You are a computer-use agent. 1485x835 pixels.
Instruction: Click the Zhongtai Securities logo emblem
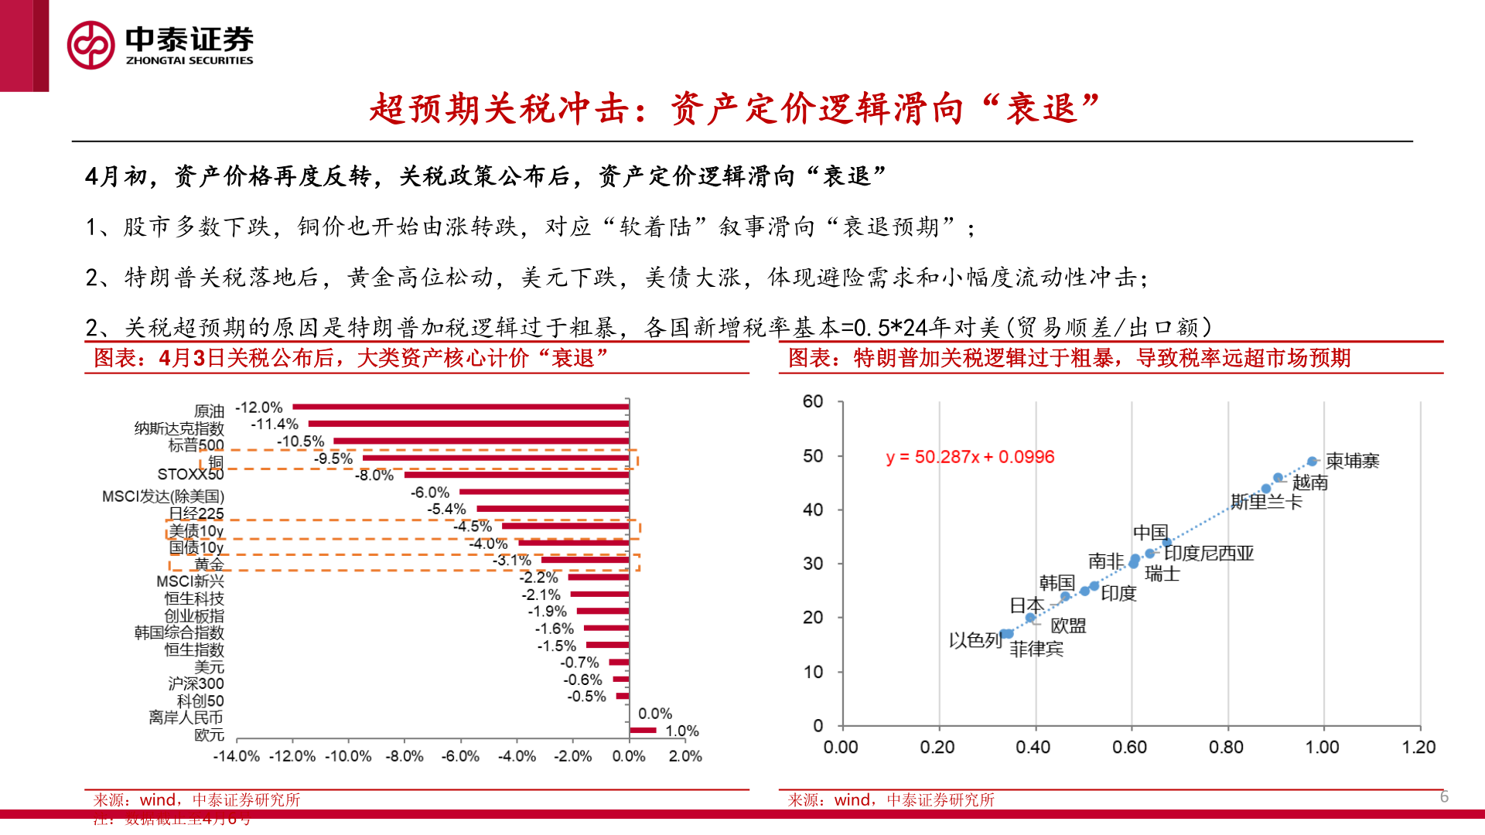(91, 45)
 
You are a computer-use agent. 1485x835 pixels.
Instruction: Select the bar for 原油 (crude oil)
(461, 407)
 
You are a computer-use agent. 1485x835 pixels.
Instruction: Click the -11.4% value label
(275, 424)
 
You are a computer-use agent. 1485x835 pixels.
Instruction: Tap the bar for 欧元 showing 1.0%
(643, 730)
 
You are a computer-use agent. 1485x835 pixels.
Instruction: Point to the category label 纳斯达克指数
(179, 428)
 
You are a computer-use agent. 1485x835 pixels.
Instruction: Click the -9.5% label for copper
(333, 458)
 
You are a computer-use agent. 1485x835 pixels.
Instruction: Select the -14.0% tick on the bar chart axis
(236, 756)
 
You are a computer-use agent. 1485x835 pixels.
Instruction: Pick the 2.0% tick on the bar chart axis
(684, 756)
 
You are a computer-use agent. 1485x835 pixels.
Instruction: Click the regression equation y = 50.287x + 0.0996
(970, 457)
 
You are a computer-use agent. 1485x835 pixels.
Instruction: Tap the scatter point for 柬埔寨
(1312, 462)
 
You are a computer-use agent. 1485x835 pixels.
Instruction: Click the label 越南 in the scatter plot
(1310, 482)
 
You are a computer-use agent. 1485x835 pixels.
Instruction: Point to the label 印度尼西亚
(1209, 554)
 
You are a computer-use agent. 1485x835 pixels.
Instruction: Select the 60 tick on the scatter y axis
(813, 401)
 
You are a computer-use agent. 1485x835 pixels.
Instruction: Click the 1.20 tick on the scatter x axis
(1418, 747)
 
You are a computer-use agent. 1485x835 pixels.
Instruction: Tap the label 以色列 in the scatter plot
(975, 640)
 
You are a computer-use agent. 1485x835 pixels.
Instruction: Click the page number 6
(1444, 796)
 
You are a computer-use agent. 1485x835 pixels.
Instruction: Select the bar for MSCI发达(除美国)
(544, 492)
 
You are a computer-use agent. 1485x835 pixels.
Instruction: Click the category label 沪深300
(196, 683)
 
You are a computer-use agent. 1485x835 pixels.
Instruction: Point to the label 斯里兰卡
(1267, 502)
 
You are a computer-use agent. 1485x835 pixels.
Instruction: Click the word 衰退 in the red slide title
(1042, 108)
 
